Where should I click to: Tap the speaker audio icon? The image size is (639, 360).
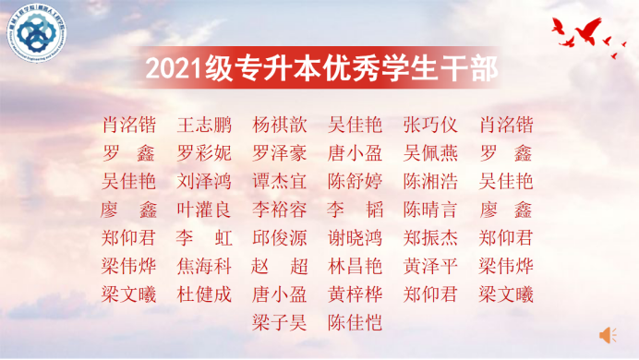coord(607,332)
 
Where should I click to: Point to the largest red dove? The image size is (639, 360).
coord(589,34)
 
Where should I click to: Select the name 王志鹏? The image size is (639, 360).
coord(204,125)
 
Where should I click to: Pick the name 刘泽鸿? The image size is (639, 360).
coord(204,181)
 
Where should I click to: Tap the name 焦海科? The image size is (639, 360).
coord(204,267)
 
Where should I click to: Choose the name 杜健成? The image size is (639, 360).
coord(204,295)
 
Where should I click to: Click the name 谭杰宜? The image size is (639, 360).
coord(279,181)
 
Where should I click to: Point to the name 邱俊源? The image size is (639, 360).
coord(279,238)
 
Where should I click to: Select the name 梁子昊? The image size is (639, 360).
coord(279,323)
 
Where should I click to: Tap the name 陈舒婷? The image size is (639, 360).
coord(355,181)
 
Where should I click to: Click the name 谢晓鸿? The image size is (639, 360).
coord(355,238)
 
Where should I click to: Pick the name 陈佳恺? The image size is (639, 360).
coord(355,323)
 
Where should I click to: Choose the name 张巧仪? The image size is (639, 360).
coord(430,125)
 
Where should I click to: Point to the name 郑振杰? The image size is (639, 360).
coord(430,238)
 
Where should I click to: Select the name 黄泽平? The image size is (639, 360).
coord(430,267)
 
